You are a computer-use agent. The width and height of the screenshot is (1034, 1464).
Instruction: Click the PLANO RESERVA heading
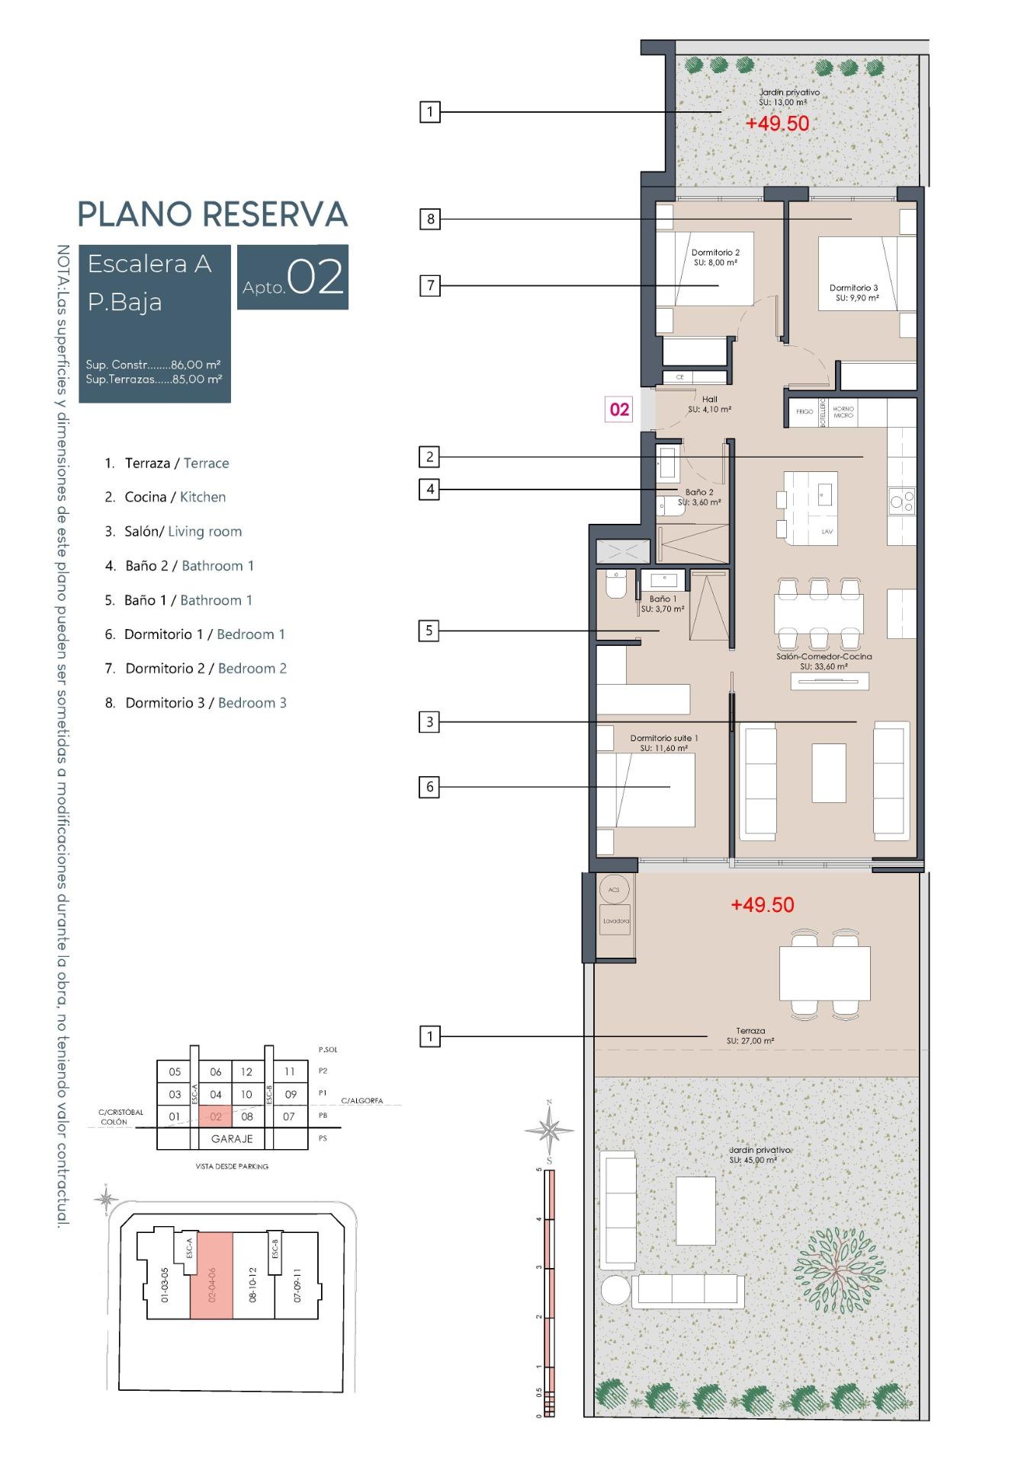213,214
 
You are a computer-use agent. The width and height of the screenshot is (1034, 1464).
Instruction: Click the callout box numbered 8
430,220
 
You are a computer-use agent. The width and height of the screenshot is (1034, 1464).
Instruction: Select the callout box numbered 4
430,489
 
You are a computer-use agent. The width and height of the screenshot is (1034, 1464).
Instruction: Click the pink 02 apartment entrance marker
619,409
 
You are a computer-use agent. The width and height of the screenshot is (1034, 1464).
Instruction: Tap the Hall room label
709,404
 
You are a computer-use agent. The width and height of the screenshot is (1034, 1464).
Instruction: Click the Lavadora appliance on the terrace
616,920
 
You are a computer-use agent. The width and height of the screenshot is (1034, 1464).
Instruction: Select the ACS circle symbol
615,889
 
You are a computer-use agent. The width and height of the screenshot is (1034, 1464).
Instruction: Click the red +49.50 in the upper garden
777,124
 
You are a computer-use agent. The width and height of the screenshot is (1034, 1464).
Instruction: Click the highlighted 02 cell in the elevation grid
215,1116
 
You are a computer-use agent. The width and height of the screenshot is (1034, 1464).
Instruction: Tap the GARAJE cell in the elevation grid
232,1138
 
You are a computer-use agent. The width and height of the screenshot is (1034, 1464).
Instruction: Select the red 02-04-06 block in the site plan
211,1276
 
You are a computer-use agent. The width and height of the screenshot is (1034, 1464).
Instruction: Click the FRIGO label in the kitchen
804,412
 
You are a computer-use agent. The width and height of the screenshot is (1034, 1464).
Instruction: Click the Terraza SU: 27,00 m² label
750,1035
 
